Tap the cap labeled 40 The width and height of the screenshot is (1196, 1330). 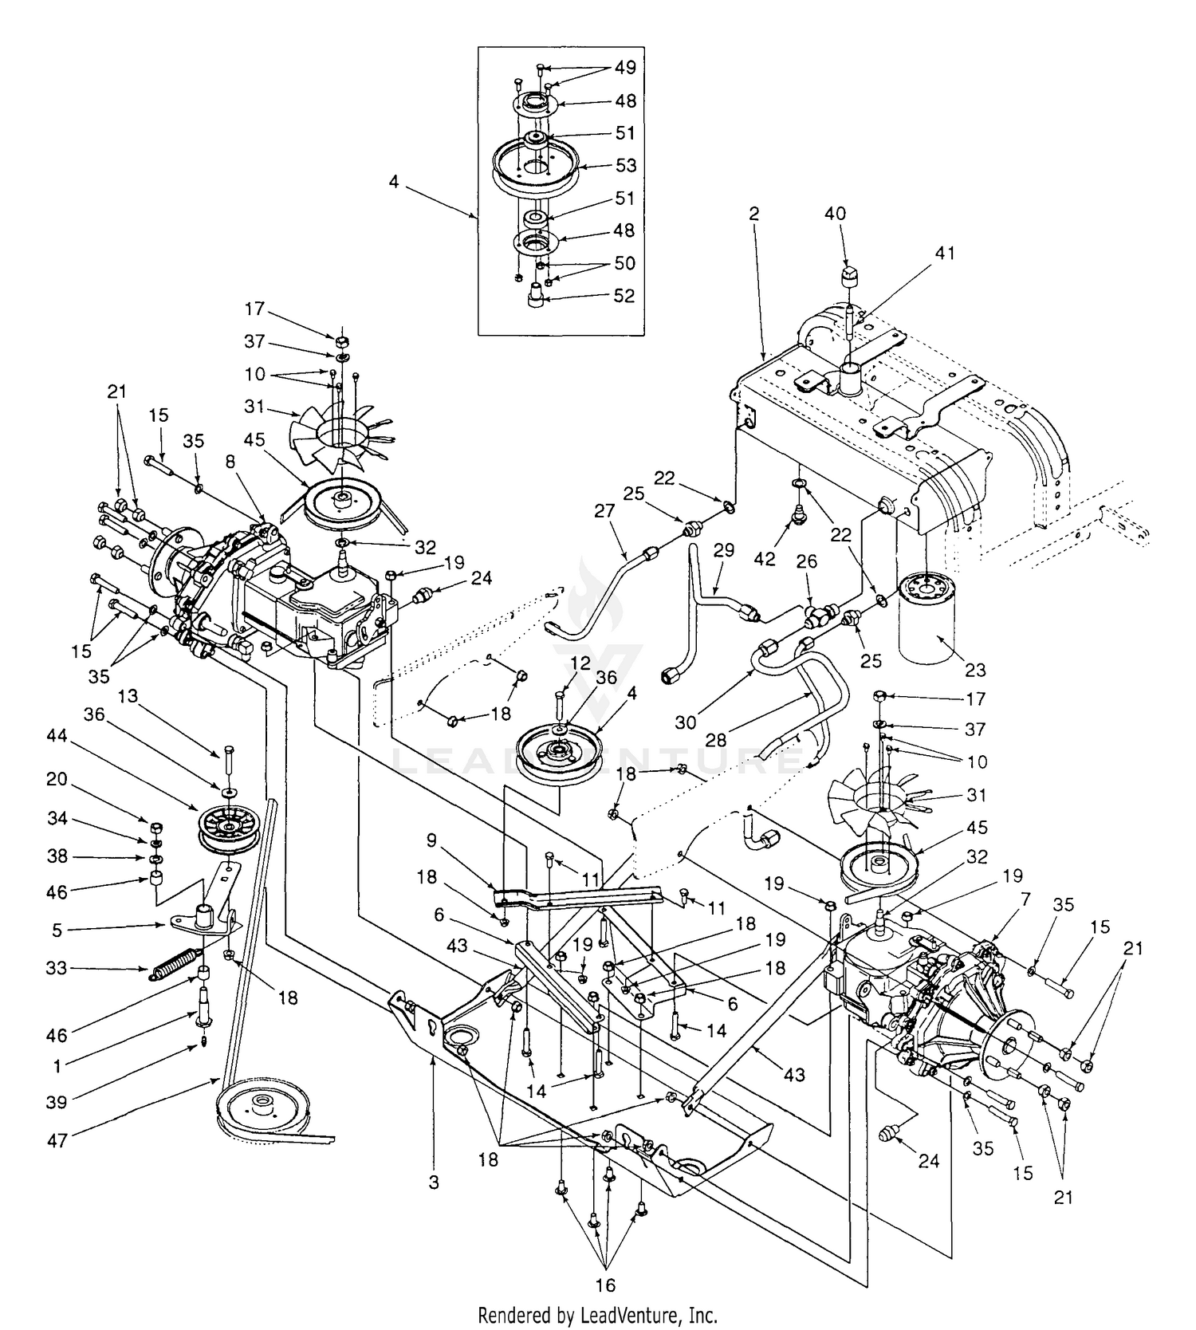point(852,281)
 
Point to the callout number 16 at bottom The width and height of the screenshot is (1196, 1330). point(605,1285)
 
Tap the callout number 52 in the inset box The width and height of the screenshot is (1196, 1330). point(624,296)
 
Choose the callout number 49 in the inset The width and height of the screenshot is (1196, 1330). point(625,68)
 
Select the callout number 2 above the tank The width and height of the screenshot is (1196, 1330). point(753,214)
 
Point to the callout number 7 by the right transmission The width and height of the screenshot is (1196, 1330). point(1025,900)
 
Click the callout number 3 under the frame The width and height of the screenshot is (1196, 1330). point(434,1182)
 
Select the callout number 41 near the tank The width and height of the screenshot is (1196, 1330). point(944,253)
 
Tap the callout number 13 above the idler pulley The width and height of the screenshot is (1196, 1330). point(128,696)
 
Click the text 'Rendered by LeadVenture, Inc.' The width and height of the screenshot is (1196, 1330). point(598,1314)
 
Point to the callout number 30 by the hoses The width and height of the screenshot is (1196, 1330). point(686,722)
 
